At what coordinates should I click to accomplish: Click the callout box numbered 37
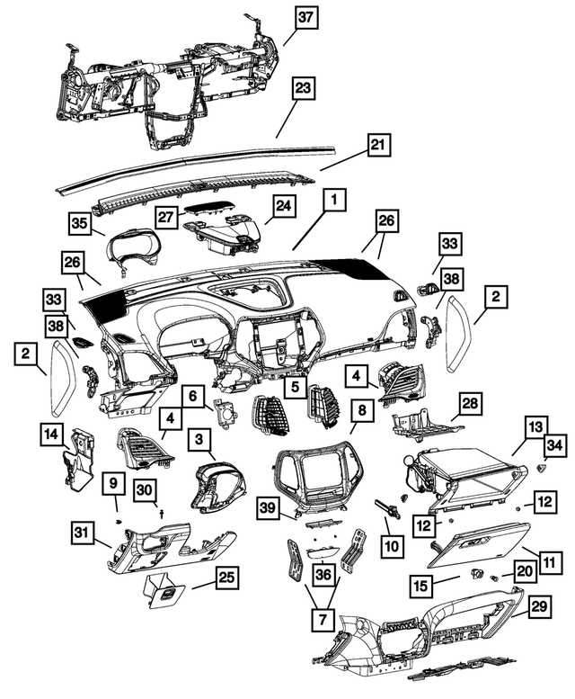tap(305, 18)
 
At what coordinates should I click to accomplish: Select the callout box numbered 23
tap(303, 88)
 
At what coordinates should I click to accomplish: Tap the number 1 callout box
tap(334, 201)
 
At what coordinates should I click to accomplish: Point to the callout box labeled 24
tap(284, 206)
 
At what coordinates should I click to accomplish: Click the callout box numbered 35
tap(80, 223)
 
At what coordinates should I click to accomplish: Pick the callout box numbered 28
tap(470, 403)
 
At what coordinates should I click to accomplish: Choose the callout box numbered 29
tap(539, 606)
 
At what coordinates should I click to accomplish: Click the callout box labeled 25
tap(227, 578)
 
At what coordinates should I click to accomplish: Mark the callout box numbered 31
tap(82, 533)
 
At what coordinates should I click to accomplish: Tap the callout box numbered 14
tap(52, 434)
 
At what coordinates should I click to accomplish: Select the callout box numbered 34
tap(555, 445)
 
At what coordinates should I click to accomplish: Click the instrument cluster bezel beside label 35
tap(134, 250)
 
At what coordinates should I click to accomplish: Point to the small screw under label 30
tap(161, 513)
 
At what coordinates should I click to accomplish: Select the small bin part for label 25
tap(164, 592)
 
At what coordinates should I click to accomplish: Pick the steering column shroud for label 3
tap(219, 486)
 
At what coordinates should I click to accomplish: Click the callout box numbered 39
tap(270, 507)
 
